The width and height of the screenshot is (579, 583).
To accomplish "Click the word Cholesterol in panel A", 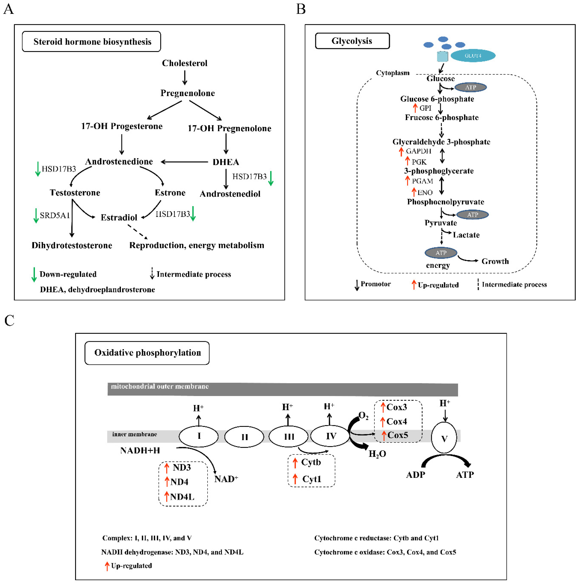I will pyautogui.click(x=184, y=63).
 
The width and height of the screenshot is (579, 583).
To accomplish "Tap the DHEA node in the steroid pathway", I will pyautogui.click(x=226, y=162).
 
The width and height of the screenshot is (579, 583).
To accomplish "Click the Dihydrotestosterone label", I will pyautogui.click(x=72, y=245).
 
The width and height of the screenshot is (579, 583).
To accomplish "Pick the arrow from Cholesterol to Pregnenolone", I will pyautogui.click(x=185, y=78).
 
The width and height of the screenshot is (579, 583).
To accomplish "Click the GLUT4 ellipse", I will pyautogui.click(x=473, y=56).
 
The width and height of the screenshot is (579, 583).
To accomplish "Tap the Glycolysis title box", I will pyautogui.click(x=352, y=41).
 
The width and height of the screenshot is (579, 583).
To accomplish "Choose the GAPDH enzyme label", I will pyautogui.click(x=418, y=151).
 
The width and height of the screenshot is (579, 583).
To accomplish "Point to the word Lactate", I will pyautogui.click(x=466, y=235).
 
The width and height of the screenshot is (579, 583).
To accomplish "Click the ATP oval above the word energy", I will pyautogui.click(x=441, y=253).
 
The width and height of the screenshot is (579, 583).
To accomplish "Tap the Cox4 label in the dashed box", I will pyautogui.click(x=397, y=421).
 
